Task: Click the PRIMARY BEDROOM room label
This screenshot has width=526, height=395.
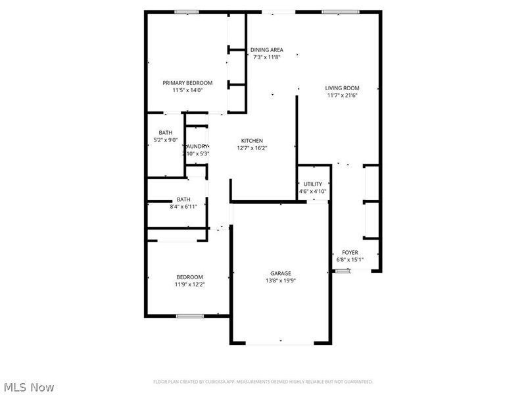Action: click(x=187, y=82)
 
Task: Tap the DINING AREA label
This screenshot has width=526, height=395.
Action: click(x=267, y=49)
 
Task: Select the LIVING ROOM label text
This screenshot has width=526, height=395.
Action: click(x=342, y=88)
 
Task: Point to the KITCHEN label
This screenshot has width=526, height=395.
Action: click(x=252, y=141)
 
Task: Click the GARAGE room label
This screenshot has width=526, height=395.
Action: click(x=281, y=273)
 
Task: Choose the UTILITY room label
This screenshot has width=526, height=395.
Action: click(x=313, y=184)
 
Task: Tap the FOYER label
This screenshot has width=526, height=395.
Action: click(x=350, y=252)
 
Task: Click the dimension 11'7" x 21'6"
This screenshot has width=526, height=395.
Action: click(x=342, y=95)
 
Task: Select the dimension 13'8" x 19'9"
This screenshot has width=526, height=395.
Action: click(x=281, y=280)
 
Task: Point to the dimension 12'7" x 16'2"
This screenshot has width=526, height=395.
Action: click(x=252, y=148)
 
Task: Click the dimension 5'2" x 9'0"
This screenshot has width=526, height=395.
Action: click(x=165, y=140)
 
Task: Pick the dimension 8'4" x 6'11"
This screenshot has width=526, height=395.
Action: click(x=183, y=207)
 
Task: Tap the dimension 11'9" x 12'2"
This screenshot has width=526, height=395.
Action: click(x=189, y=284)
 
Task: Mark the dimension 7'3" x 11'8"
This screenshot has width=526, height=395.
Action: click(x=267, y=57)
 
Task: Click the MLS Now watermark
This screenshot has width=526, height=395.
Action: click(x=29, y=388)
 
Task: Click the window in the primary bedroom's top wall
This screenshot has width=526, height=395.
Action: click(x=187, y=11)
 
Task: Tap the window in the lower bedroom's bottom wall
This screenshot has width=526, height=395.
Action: click(x=189, y=317)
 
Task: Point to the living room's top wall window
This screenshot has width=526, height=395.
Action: click(x=341, y=11)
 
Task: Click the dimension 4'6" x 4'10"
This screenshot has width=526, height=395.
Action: click(x=313, y=192)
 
